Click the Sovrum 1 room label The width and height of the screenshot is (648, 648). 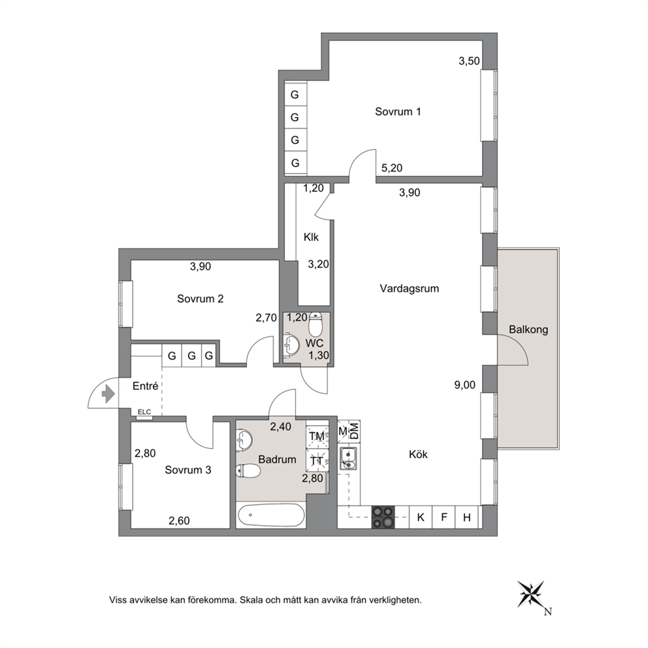click(x=398, y=112)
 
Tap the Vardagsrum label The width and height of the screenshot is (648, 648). click(x=409, y=289)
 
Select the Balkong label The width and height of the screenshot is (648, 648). click(x=528, y=330)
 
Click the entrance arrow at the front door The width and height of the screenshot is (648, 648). click(x=108, y=394)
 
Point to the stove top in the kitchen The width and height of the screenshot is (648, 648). click(x=383, y=517)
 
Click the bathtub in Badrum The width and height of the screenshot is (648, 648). click(x=271, y=515)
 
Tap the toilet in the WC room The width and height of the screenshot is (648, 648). click(x=316, y=325)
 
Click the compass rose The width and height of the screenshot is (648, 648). click(x=532, y=594)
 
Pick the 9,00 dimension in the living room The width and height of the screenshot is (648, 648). click(x=464, y=385)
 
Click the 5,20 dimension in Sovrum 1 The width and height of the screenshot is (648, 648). click(x=391, y=168)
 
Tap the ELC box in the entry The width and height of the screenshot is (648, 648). click(x=144, y=413)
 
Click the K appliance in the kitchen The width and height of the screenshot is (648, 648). click(x=421, y=517)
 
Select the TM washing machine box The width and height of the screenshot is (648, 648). click(x=317, y=436)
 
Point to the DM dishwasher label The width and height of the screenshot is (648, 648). click(x=354, y=432)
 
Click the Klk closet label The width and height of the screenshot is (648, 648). click(x=311, y=237)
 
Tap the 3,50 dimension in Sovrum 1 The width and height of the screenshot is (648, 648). click(x=469, y=61)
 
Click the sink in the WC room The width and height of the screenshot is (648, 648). click(x=292, y=344)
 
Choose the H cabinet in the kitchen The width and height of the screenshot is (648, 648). click(x=467, y=517)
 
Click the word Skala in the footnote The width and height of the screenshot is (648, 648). click(x=252, y=600)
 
